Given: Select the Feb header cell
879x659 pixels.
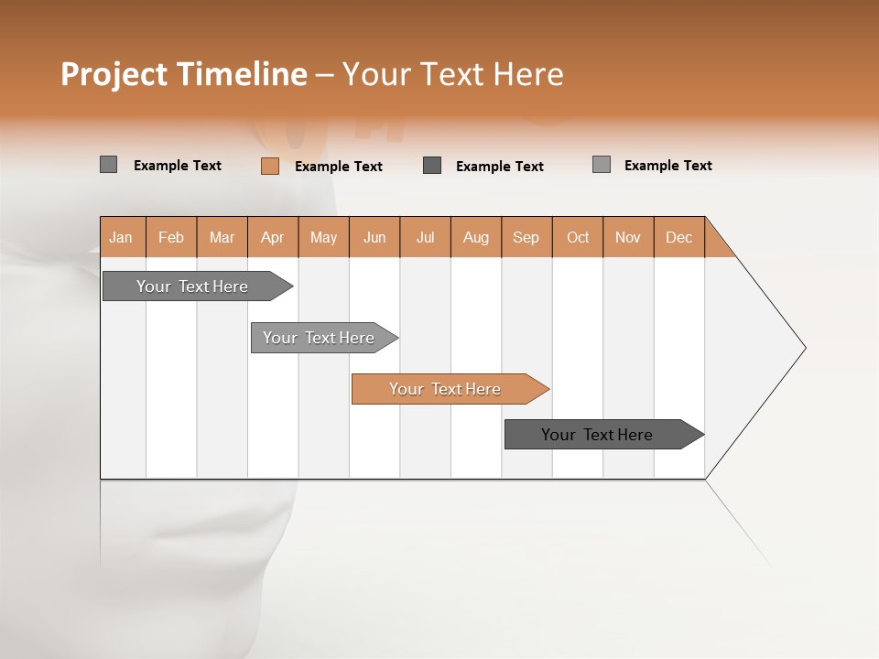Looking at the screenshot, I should click(x=171, y=237).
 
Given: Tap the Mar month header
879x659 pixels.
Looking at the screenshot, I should click(x=222, y=237).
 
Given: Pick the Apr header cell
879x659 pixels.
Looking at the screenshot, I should click(x=273, y=237).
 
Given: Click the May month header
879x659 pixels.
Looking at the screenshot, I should click(x=323, y=237).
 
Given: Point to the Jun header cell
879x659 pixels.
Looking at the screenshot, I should click(x=374, y=237).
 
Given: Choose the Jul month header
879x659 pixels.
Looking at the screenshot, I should click(x=425, y=237).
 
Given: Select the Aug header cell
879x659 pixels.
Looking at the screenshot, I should click(x=476, y=237).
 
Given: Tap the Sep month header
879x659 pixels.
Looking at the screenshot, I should click(x=526, y=237).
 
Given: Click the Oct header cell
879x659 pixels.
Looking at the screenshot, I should click(x=578, y=237).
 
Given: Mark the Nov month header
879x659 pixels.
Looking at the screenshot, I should click(x=628, y=237).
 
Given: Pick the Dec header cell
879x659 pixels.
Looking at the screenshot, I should click(x=679, y=237).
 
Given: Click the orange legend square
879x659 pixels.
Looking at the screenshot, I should click(x=270, y=166).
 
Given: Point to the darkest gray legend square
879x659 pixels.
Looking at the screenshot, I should click(x=432, y=166).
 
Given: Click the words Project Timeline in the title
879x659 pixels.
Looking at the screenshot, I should click(x=184, y=74).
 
